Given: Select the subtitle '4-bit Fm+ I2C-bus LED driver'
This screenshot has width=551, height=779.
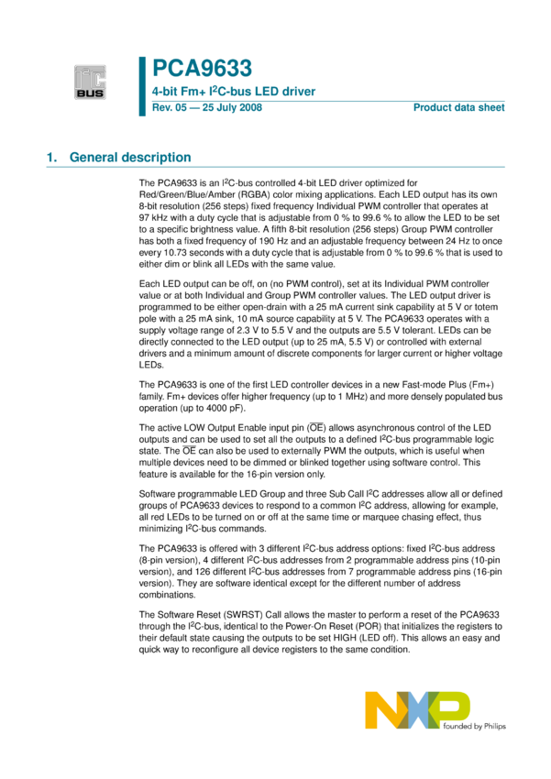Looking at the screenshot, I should [x=234, y=92].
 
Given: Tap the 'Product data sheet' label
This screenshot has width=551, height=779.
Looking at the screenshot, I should [x=458, y=108].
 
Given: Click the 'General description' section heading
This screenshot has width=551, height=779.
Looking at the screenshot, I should [x=131, y=158].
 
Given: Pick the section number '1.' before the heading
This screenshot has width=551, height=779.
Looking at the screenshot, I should [x=52, y=158].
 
